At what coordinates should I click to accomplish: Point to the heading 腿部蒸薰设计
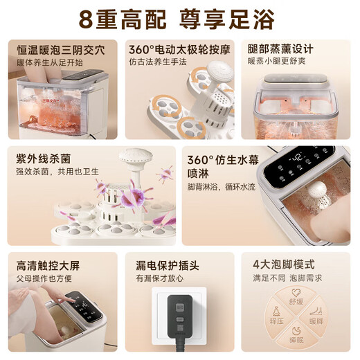280,49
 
